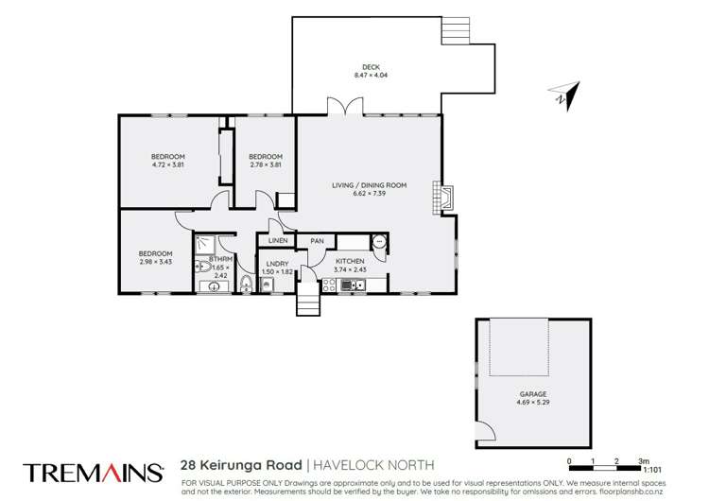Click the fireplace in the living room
(x=443, y=197)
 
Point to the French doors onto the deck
(x=339, y=107)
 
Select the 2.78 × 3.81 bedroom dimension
(x=266, y=165)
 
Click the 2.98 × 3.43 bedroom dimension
(x=156, y=262)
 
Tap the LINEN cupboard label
(x=277, y=241)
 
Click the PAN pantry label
(x=317, y=241)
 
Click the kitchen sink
(x=377, y=242)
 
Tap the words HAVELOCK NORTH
(x=374, y=465)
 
